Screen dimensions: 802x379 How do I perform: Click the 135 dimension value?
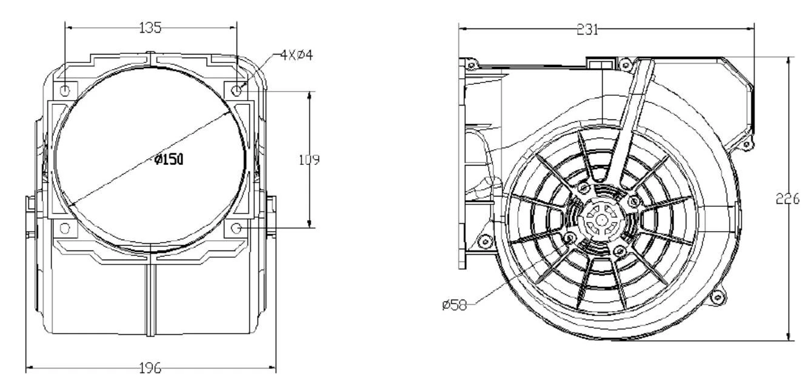pos(150,27)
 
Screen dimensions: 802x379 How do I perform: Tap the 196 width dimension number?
pos(150,368)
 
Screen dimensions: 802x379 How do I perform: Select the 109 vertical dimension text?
pos(309,159)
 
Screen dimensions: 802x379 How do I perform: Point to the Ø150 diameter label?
pos(169,159)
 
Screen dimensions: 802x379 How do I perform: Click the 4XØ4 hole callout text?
pos(296,55)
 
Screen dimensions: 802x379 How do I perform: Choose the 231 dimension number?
pos(587,29)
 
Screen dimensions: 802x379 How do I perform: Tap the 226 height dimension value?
pos(787,198)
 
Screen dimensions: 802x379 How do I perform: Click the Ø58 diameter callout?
pos(455,305)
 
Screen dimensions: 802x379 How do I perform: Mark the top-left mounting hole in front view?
pos(65,91)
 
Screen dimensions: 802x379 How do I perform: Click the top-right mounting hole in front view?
pos(236,91)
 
